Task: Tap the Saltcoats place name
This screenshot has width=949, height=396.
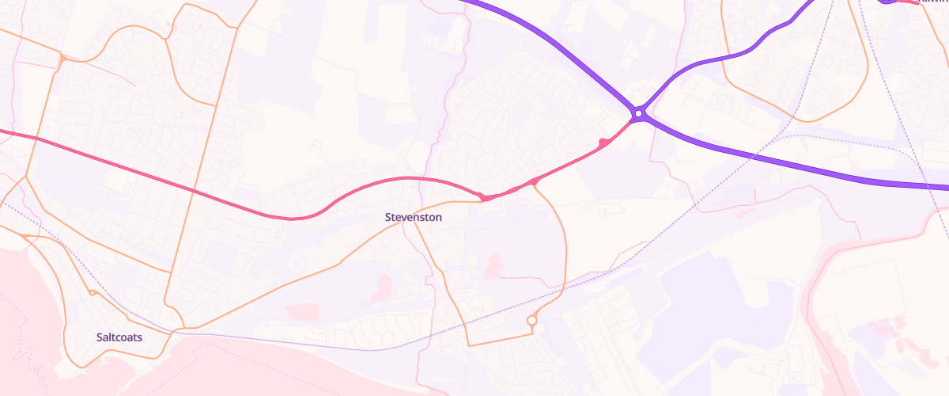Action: tap(119, 337)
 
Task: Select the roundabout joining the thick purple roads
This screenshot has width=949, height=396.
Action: tap(638, 115)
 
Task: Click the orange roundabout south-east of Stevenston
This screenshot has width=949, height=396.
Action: tap(532, 321)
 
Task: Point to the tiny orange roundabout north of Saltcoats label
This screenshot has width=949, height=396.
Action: tap(93, 293)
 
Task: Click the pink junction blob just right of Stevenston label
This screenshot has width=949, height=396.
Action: tap(481, 196)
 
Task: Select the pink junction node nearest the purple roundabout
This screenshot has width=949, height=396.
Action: tap(603, 143)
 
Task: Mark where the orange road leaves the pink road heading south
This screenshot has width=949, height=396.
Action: tap(536, 184)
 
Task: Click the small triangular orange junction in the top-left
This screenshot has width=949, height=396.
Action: tap(62, 58)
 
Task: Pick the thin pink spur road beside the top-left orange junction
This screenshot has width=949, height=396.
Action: tap(111, 74)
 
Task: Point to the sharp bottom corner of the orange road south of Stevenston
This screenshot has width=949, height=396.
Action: tap(468, 345)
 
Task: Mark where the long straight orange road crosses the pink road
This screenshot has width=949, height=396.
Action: tap(194, 190)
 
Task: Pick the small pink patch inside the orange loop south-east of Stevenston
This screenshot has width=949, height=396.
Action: tap(494, 265)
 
